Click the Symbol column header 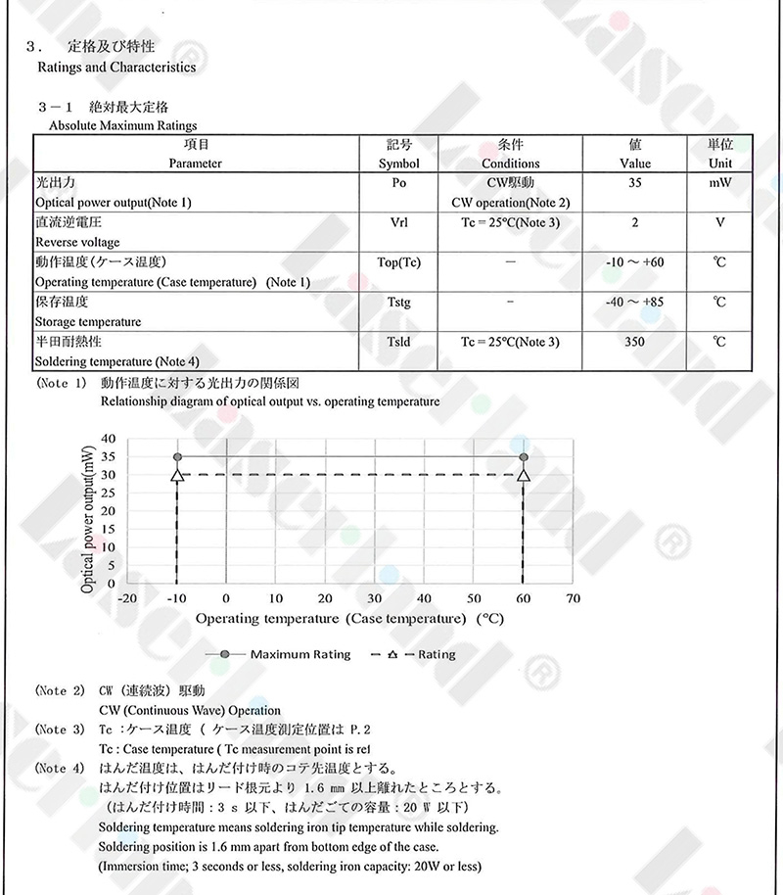(x=398, y=164)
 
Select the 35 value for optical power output (x=635, y=183)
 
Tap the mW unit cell (x=720, y=183)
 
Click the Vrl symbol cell (x=398, y=222)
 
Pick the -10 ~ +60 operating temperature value (x=635, y=262)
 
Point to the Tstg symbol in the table (x=398, y=302)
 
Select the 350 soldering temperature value (x=635, y=342)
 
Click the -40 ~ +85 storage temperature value (x=635, y=302)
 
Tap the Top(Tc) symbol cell (x=398, y=262)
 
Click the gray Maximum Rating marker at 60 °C (x=524, y=457)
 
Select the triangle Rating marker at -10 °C (x=177, y=475)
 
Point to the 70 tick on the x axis (x=573, y=598)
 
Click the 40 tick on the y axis (x=108, y=439)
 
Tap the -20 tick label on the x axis (x=126, y=598)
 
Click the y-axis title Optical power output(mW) (x=88, y=517)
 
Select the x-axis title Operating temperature (x=349, y=619)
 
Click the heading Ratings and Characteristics (x=115, y=68)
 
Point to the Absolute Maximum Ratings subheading (x=122, y=125)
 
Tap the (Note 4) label (x=59, y=769)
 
